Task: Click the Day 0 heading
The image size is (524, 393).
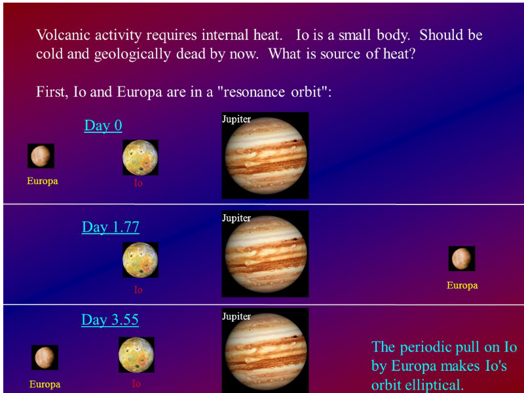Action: (x=103, y=126)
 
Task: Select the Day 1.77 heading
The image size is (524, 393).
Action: (x=111, y=227)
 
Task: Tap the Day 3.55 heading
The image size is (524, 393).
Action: (x=110, y=320)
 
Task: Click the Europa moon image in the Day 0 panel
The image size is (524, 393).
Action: (x=41, y=156)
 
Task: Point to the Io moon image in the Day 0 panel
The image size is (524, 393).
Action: (x=140, y=157)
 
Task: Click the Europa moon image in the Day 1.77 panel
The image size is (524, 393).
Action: (x=462, y=258)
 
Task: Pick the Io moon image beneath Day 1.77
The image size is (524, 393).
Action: (x=140, y=259)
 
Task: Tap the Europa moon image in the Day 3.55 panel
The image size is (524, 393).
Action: (x=45, y=357)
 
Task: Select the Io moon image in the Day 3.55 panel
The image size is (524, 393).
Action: (x=136, y=354)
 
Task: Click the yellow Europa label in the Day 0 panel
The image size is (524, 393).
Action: (x=43, y=181)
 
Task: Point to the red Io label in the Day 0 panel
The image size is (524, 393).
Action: (x=138, y=183)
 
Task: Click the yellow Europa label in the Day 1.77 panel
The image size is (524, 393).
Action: (x=462, y=286)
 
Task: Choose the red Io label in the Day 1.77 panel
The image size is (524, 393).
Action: (x=138, y=290)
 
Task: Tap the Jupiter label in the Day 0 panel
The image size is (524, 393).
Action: (x=236, y=119)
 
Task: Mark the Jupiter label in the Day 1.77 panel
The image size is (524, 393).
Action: (x=236, y=218)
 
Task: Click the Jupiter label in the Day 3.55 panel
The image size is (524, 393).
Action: (x=236, y=316)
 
